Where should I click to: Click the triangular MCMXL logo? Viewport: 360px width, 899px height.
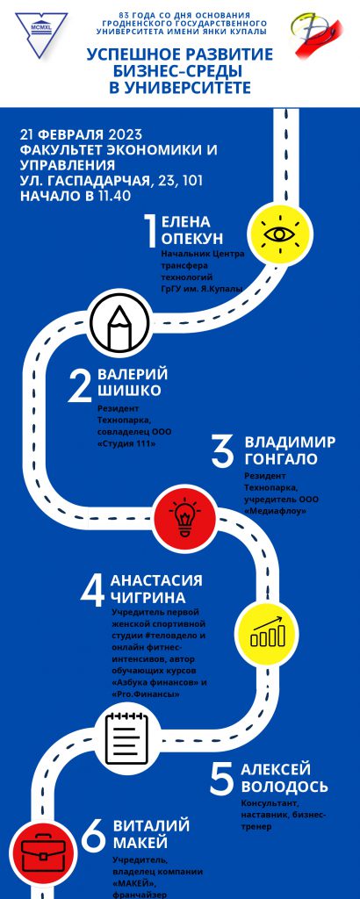click(41, 33)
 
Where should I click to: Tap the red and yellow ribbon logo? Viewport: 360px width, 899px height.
click(316, 35)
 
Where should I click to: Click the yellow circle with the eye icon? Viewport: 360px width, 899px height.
click(280, 234)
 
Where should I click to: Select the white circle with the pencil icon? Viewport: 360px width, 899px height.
click(119, 321)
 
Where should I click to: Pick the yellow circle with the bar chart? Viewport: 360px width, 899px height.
click(267, 633)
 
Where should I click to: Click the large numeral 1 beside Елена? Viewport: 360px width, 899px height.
click(150, 231)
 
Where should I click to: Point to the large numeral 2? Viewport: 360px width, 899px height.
click(80, 386)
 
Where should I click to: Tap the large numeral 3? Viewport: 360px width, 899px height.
click(222, 451)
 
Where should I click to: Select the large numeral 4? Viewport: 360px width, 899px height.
click(92, 591)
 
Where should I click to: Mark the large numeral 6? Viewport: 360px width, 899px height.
click(93, 837)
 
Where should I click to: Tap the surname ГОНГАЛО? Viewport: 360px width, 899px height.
click(281, 459)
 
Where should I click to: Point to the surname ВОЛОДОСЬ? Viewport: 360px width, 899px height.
click(284, 786)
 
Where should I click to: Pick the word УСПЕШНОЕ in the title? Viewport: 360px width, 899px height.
click(131, 55)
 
